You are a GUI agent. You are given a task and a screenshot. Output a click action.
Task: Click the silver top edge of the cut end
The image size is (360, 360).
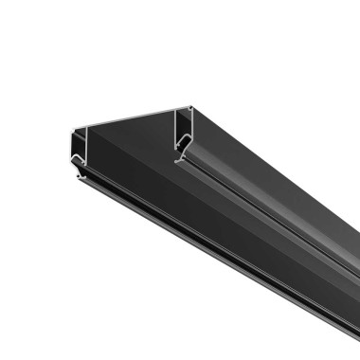(x=133, y=115)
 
